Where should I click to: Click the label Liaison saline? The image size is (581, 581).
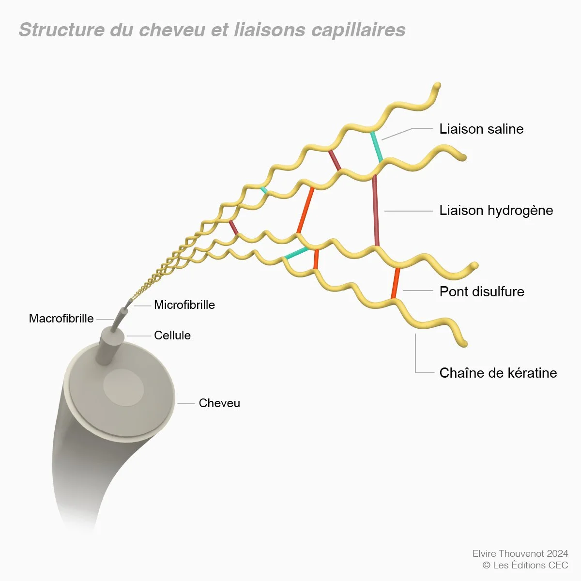click(481, 129)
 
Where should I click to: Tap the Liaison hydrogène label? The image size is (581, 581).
click(496, 211)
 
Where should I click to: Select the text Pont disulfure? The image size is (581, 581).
click(482, 291)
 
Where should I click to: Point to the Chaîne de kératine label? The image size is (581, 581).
click(498, 373)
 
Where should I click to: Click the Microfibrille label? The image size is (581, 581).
click(184, 305)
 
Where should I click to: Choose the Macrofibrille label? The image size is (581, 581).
click(61, 319)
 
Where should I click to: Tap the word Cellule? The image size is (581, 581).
click(172, 335)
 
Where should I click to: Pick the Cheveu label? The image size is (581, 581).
click(219, 403)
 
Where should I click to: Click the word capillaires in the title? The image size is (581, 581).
click(358, 30)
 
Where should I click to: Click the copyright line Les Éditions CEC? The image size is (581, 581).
click(525, 565)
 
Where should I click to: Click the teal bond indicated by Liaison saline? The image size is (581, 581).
click(377, 147)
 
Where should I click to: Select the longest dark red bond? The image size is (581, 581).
click(376, 211)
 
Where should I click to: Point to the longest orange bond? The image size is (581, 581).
click(306, 211)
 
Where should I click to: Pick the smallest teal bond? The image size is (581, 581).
click(263, 190)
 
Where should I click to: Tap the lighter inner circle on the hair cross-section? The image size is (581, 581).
click(123, 387)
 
